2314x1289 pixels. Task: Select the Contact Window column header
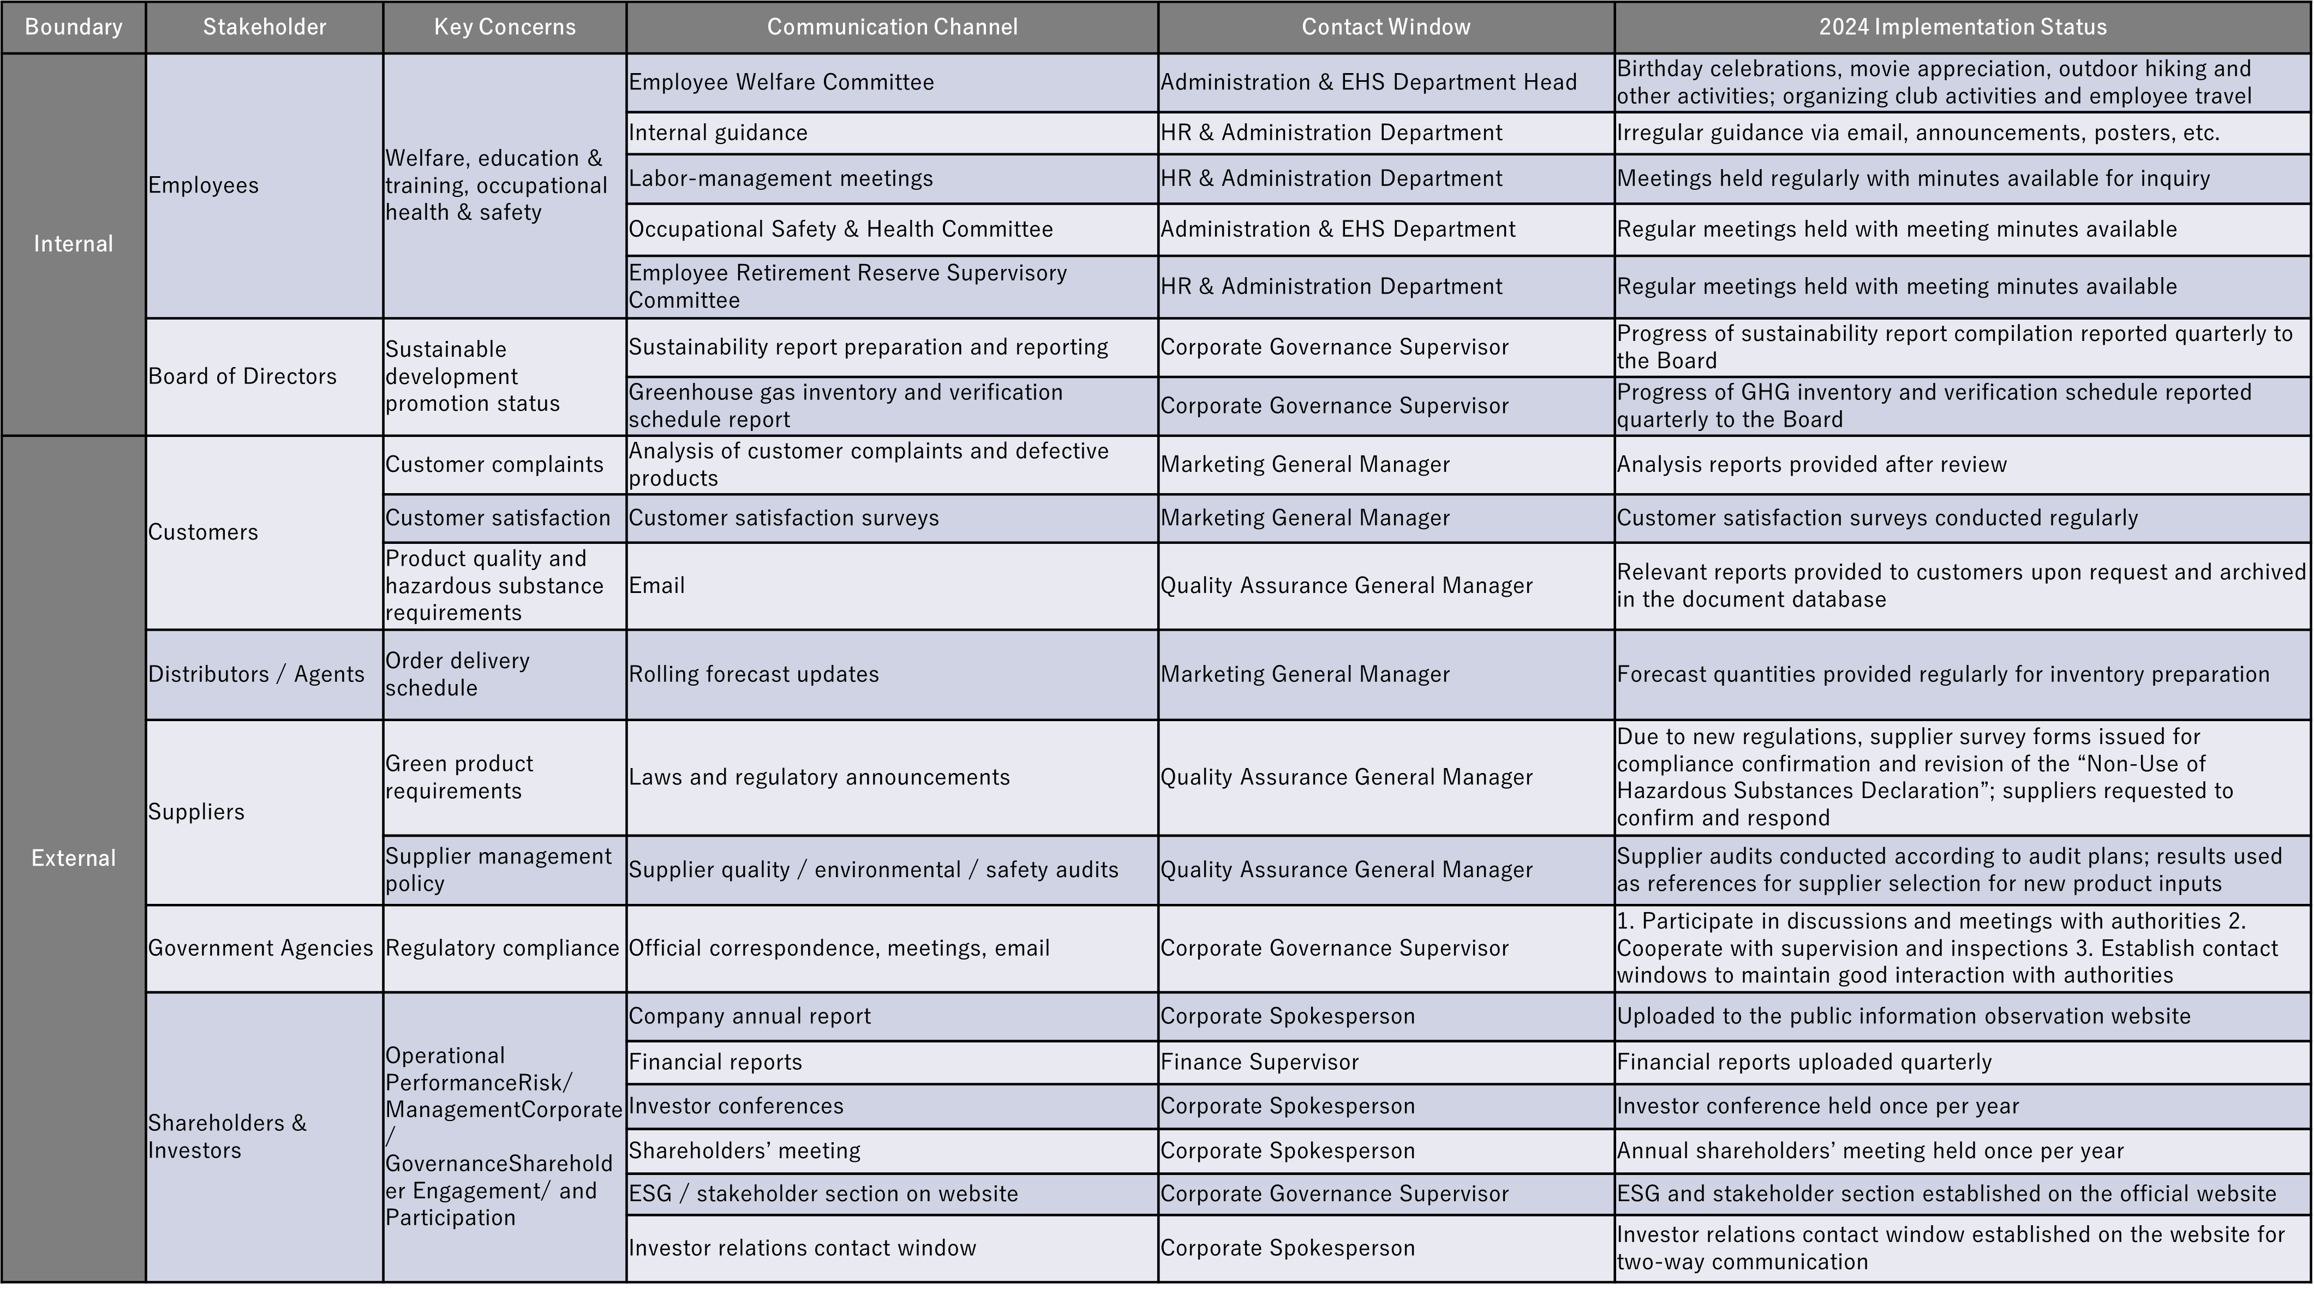pyautogui.click(x=1385, y=27)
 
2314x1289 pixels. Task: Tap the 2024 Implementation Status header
pyautogui.click(x=1963, y=27)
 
